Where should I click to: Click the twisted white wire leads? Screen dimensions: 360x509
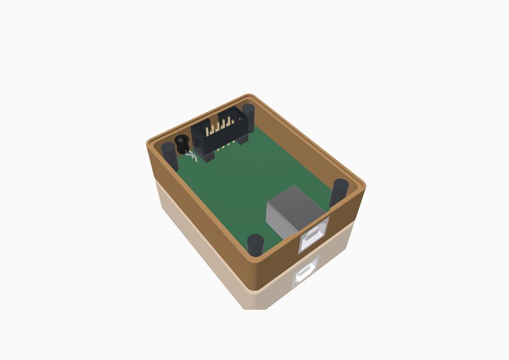(192, 157)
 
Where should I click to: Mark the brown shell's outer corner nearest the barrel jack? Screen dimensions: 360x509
(148, 143)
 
